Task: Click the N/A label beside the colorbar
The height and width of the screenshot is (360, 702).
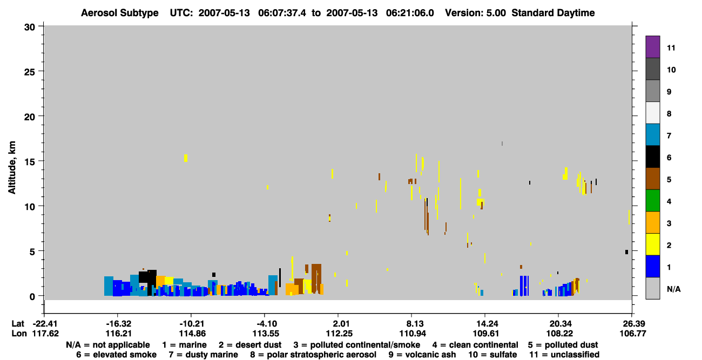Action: pos(673,289)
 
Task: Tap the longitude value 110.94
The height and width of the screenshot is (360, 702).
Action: pos(413,334)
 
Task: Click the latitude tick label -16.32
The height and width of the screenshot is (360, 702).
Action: pos(118,324)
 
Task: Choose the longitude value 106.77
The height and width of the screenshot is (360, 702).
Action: pos(633,334)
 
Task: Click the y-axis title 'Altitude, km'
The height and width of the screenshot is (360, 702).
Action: pos(12,168)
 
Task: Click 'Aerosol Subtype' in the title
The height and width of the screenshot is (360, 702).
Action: pos(120,13)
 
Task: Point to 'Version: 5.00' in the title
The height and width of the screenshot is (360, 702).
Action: pos(475,13)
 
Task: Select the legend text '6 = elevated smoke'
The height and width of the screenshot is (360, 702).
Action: pos(116,355)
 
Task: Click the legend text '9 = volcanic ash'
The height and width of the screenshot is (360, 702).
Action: pos(422,355)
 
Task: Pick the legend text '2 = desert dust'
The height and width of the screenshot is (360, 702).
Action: pos(250,345)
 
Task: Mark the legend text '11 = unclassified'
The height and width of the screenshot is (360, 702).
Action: pos(564,355)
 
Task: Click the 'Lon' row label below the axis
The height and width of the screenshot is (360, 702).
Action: pos(19,334)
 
